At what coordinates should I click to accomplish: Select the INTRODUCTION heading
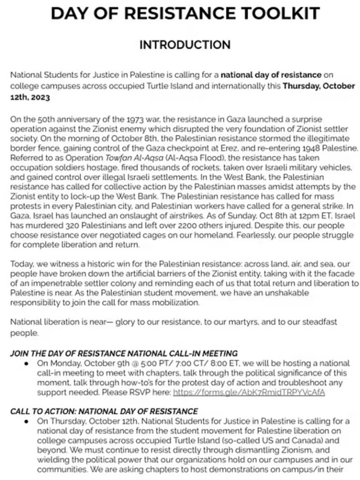click(180, 45)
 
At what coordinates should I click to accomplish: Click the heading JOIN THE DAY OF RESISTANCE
click(124, 352)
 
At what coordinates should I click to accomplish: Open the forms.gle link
click(249, 388)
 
